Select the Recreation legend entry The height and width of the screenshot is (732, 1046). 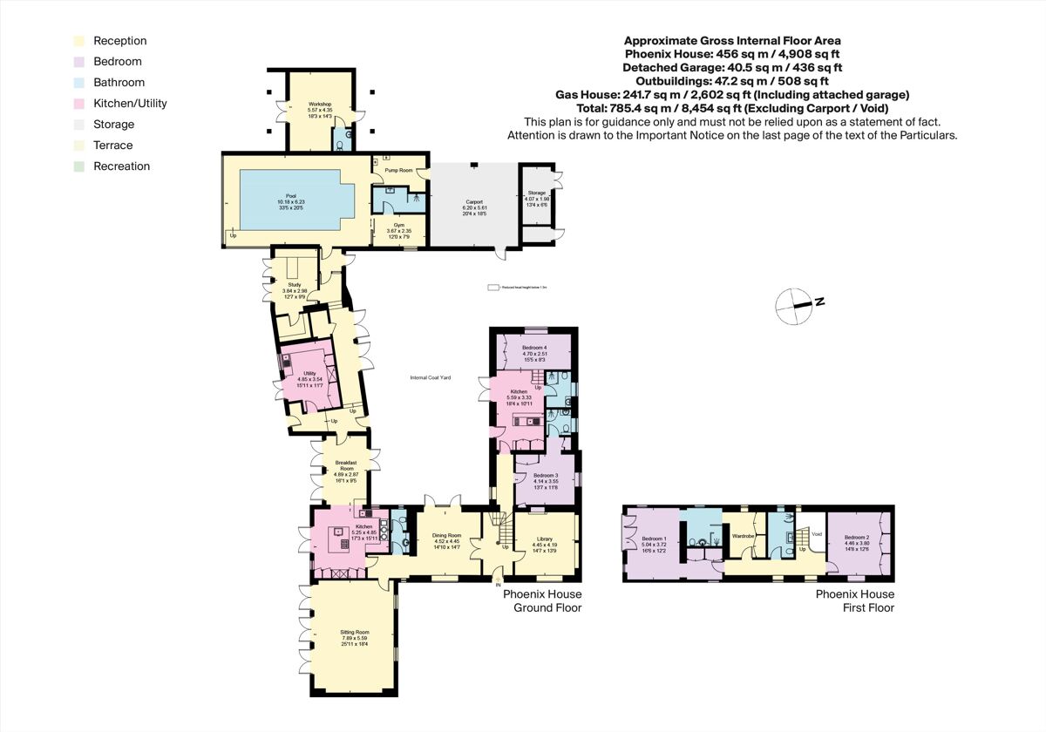[x=121, y=166]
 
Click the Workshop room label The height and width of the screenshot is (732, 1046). [x=320, y=105]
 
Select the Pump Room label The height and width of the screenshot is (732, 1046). [x=398, y=171]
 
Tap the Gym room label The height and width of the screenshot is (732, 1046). [x=397, y=227]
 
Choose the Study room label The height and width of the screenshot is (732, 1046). [x=294, y=288]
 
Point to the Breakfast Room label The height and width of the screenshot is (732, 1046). [x=341, y=467]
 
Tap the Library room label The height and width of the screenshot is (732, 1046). [x=544, y=541]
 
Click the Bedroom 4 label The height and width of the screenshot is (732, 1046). [x=533, y=350]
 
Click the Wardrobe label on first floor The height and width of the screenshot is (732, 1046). [x=743, y=536]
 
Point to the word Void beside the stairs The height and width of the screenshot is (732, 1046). [x=817, y=534]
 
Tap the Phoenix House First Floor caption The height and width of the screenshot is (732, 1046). [x=855, y=600]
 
